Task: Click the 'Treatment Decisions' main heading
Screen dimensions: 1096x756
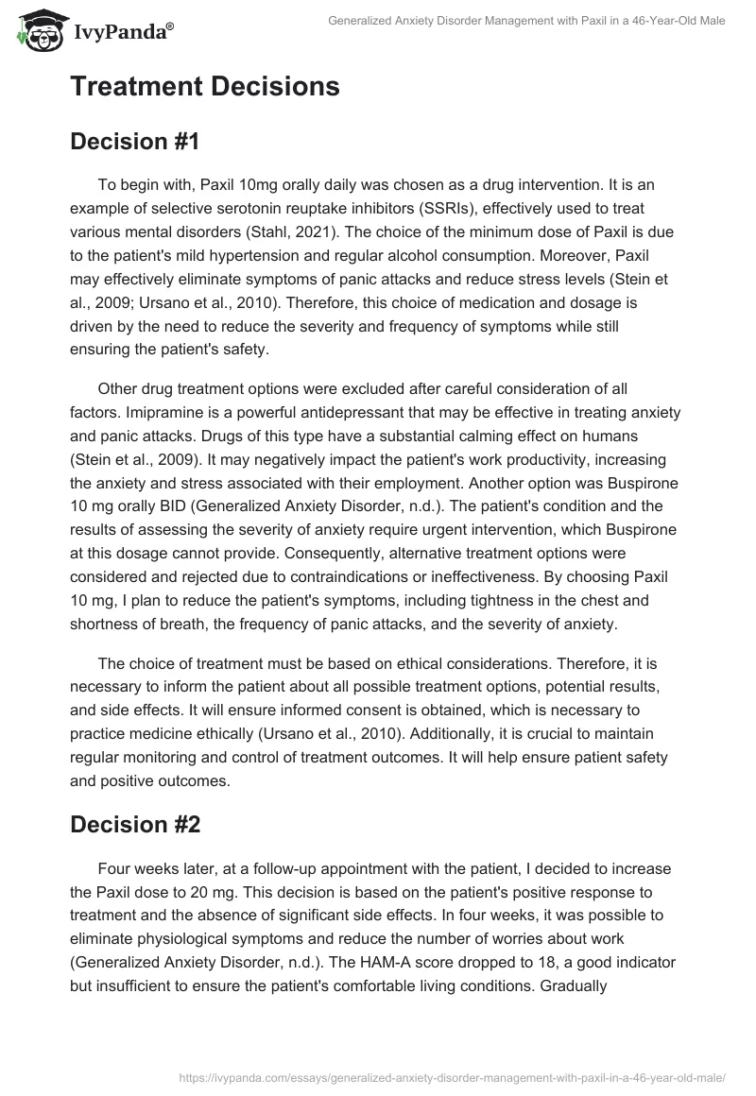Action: (x=204, y=86)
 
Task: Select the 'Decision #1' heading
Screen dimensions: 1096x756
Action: (x=134, y=142)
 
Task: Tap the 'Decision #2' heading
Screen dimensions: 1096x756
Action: (x=135, y=824)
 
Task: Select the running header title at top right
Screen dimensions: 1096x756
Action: (x=525, y=21)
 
